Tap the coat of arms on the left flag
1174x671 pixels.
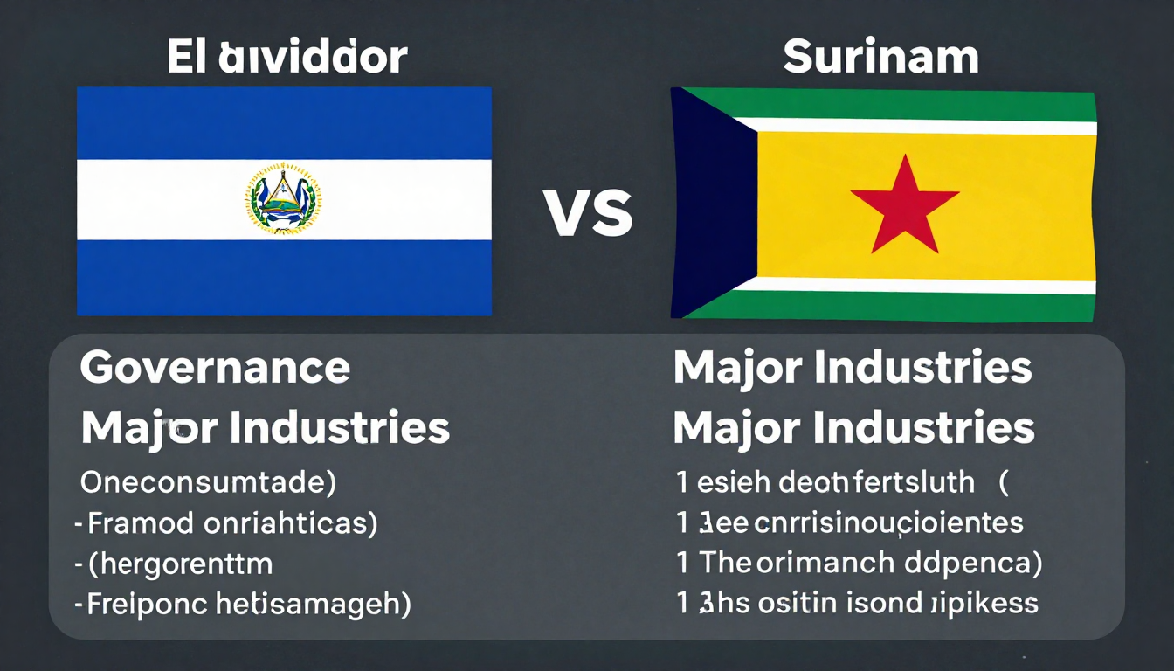coord(283,198)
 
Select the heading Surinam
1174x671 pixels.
coord(880,58)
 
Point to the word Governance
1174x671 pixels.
coord(215,369)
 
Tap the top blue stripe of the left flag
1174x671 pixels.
coord(284,122)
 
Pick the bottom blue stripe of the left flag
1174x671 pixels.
coord(284,277)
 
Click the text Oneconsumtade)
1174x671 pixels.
coord(209,481)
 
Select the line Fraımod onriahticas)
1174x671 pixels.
coord(231,522)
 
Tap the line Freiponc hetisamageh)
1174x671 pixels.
coord(249,605)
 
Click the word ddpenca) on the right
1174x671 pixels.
coord(970,564)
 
